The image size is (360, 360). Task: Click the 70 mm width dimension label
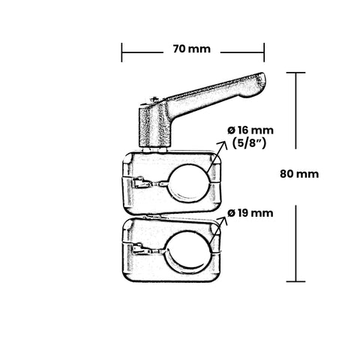pyautogui.click(x=192, y=49)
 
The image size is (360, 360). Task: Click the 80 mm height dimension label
pyautogui.click(x=299, y=174)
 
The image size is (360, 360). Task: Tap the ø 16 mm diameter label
pyautogui.click(x=250, y=130)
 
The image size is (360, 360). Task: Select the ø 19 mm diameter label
pyautogui.click(x=250, y=213)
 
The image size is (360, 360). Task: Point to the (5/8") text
pyautogui.click(x=249, y=143)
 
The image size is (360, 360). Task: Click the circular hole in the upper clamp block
pyautogui.click(x=189, y=183)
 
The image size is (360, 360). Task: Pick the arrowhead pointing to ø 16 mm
pyautogui.click(x=222, y=145)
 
